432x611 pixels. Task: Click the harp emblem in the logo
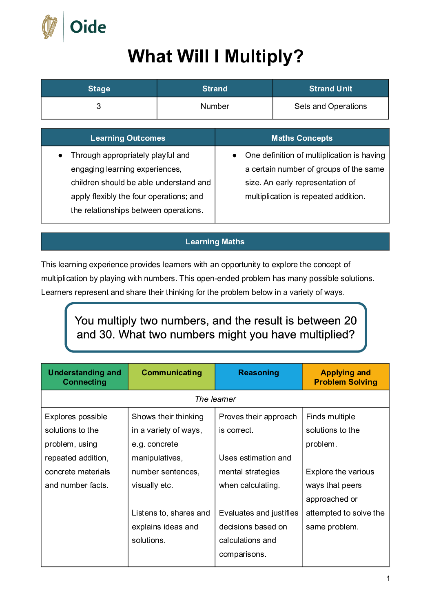pyautogui.click(x=50, y=27)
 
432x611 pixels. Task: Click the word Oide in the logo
pyautogui.click(x=88, y=27)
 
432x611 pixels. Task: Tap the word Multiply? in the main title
pyautogui.click(x=264, y=56)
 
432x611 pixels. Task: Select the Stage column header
pyautogui.click(x=99, y=89)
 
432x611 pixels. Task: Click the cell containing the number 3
pyautogui.click(x=99, y=106)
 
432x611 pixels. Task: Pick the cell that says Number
pyautogui.click(x=215, y=106)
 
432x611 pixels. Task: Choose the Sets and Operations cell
pyautogui.click(x=330, y=106)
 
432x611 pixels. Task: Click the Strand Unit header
pyautogui.click(x=330, y=89)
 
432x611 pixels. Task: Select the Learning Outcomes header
pyautogui.click(x=128, y=138)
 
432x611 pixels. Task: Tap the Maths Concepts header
pyautogui.click(x=302, y=138)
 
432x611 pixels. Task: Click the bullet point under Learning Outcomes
pyautogui.click(x=60, y=155)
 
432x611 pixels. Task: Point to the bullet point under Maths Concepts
pyautogui.click(x=235, y=155)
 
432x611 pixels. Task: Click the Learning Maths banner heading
pyautogui.click(x=215, y=241)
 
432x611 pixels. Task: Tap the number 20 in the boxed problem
pyautogui.click(x=350, y=321)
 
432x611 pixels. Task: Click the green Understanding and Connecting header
pyautogui.click(x=84, y=377)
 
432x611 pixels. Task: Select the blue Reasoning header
pyautogui.click(x=259, y=372)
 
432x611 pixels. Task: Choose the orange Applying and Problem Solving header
pyautogui.click(x=346, y=377)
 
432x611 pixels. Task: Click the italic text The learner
pyautogui.click(x=215, y=399)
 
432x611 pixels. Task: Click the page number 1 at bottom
pyautogui.click(x=388, y=578)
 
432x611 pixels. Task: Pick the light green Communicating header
pyautogui.click(x=171, y=372)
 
